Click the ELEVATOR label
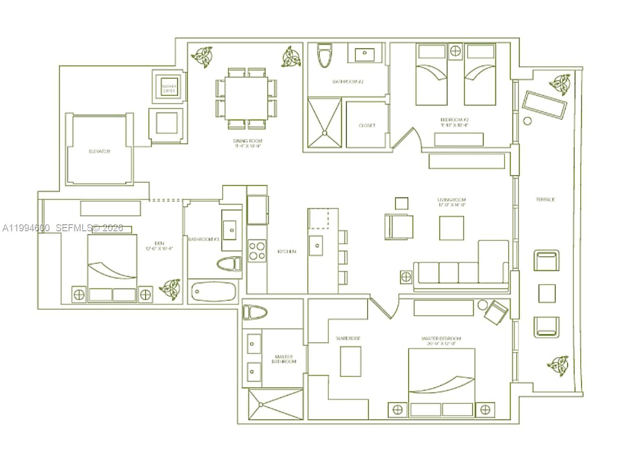click(x=100, y=151)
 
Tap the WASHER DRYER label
click(x=168, y=88)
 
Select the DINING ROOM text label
click(x=247, y=141)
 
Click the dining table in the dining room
click(x=246, y=98)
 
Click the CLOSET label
click(x=367, y=126)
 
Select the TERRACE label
click(x=545, y=199)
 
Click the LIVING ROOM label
click(x=451, y=200)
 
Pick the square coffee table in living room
click(x=452, y=228)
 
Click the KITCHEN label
click(x=286, y=252)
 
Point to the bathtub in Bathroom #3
click(x=213, y=291)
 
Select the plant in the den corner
click(x=170, y=289)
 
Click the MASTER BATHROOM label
click(x=284, y=359)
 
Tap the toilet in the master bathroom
click(x=254, y=313)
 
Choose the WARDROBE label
click(x=348, y=338)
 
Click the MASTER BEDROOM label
click(x=441, y=338)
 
